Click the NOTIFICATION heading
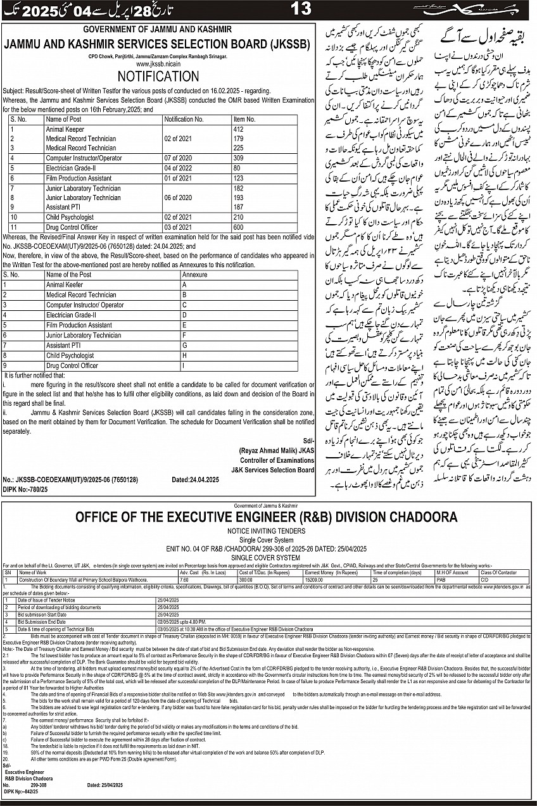(158, 76)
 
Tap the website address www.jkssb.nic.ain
(158, 64)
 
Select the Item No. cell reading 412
(239, 129)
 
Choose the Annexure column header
(194, 275)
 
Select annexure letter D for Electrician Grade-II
(184, 315)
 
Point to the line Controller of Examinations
(275, 460)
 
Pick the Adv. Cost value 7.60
(184, 579)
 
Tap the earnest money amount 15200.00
(315, 579)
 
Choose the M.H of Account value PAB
(441, 579)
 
